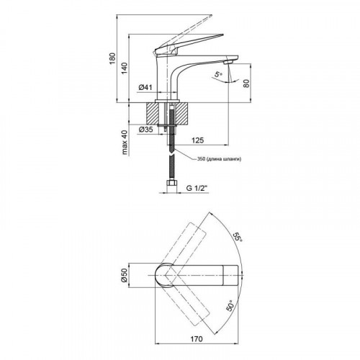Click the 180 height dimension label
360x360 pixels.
click(112, 58)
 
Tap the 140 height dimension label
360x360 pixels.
click(125, 68)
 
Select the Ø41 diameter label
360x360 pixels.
click(145, 88)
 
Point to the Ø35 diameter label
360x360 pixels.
click(145, 130)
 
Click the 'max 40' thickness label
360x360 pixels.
click(125, 143)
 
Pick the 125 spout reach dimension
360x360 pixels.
click(197, 140)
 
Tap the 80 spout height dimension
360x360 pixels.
click(246, 83)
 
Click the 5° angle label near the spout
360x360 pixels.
click(218, 74)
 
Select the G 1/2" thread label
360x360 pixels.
click(197, 188)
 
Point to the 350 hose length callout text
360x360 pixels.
click(219, 159)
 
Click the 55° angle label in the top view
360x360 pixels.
click(238, 238)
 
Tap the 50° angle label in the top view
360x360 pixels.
click(230, 305)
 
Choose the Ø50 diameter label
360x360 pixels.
click(124, 276)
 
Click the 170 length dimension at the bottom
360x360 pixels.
click(197, 339)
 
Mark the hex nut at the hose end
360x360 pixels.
click(171, 184)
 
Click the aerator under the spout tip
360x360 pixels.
click(228, 63)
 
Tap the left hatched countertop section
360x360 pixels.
click(152, 114)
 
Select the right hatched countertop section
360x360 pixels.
click(181, 114)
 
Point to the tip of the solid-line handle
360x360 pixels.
click(223, 35)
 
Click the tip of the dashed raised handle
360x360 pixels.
click(212, 16)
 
